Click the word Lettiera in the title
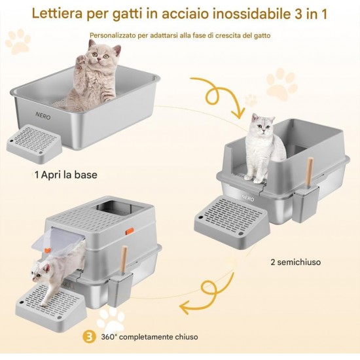[57, 13]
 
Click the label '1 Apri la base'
[66, 175]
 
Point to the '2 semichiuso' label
[296, 262]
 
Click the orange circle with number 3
[90, 337]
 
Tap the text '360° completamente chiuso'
[149, 337]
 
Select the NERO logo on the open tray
[43, 116]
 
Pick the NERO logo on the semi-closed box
[247, 198]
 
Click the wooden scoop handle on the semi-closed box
[309, 171]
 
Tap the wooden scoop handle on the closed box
[124, 259]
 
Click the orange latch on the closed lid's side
[130, 231]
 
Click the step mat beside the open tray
[34, 143]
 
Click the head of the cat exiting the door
[41, 272]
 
